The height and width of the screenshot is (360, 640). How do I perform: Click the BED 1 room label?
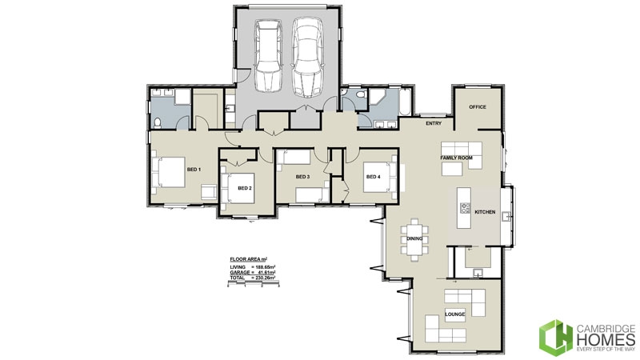[x=193, y=170]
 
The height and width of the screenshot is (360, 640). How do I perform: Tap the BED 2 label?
[x=245, y=188]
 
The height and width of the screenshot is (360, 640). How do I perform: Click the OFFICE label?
[x=478, y=106]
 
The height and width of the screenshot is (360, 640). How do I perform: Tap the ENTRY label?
[x=434, y=123]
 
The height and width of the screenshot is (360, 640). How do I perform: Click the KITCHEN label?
[x=486, y=212]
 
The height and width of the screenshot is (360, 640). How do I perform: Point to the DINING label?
[x=414, y=238]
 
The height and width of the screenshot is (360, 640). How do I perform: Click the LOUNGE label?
[x=455, y=314]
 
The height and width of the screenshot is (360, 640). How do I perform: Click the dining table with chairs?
[x=415, y=238]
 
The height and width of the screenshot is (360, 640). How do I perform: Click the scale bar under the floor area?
[x=253, y=284]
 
